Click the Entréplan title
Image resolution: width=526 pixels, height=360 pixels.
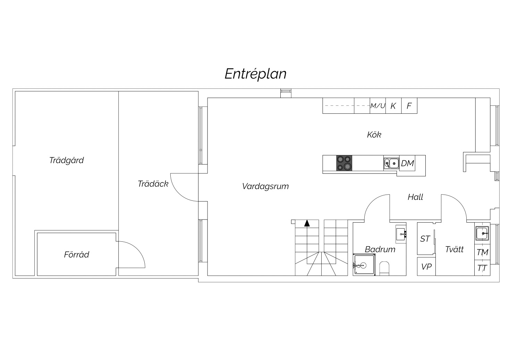point(255,74)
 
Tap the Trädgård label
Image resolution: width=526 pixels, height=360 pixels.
point(67,161)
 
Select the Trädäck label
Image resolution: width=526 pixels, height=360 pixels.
point(153,184)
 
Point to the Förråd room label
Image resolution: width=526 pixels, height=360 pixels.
point(77,255)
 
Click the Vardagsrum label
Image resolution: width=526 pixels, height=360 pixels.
point(265,187)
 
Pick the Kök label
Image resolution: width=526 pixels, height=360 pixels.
point(374,135)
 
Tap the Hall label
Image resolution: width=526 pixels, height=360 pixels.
point(415,197)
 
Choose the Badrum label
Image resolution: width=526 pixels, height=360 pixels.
point(380,249)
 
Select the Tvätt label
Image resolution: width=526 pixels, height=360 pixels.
point(454,249)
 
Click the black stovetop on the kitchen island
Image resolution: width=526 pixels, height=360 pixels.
point(344,163)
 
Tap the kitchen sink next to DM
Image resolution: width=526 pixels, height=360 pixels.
point(391,163)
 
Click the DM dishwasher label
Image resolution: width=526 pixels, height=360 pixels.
point(407,163)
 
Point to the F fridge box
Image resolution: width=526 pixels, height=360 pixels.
point(409,106)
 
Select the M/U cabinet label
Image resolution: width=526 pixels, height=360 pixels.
point(377,106)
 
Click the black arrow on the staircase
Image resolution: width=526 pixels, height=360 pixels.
point(307,223)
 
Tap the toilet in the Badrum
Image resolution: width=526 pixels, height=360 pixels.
point(384,268)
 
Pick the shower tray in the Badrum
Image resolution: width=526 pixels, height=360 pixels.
point(364,265)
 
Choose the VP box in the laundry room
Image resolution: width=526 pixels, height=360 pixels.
point(426,267)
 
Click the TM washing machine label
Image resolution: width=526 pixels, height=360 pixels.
point(482,252)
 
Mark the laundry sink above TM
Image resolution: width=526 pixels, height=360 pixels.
point(482,233)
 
